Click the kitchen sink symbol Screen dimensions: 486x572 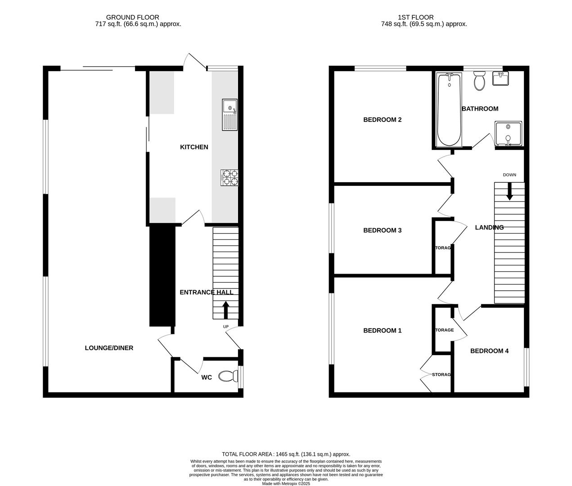coord(230,115)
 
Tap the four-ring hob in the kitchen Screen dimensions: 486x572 coord(230,177)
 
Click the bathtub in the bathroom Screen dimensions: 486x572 coord(449,110)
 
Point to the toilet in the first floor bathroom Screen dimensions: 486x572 coord(479,81)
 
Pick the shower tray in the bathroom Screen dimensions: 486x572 coord(508,134)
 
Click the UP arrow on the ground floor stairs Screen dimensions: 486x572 coord(225,310)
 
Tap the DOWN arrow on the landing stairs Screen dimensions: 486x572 coord(509,191)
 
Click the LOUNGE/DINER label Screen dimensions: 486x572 coord(109,348)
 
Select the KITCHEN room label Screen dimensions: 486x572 coord(194,147)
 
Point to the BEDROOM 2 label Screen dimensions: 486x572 coord(382,120)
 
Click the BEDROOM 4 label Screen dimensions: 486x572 coord(489,351)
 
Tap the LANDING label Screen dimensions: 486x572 coord(489,227)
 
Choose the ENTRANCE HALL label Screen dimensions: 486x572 coord(206,292)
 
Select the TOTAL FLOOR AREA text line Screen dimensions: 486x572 coord(286,454)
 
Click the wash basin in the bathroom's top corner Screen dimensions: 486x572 coord(501,79)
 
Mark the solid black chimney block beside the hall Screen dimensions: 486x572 coord(162,275)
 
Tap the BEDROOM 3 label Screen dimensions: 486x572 coord(382,230)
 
